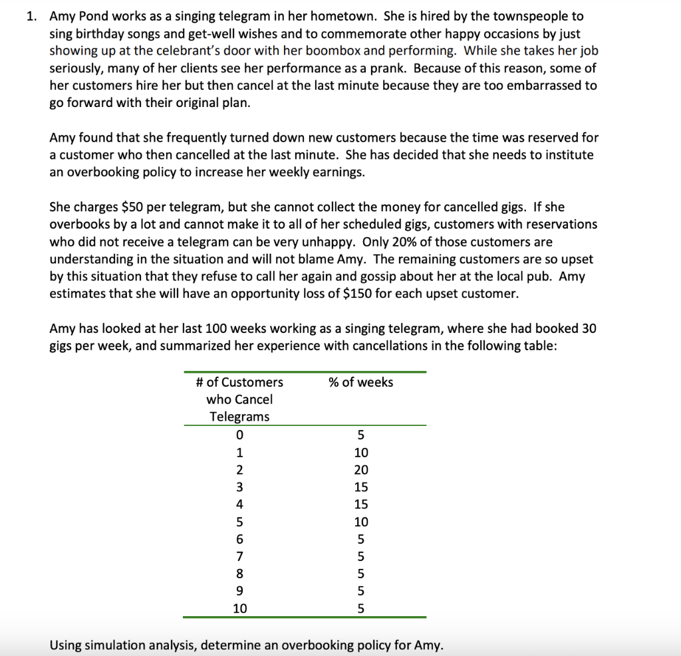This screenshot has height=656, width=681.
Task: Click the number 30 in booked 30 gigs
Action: tap(589, 328)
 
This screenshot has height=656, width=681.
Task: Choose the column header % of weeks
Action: tap(361, 382)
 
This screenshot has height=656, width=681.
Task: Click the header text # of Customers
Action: tap(239, 382)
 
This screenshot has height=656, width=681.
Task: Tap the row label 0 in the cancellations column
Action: tap(239, 436)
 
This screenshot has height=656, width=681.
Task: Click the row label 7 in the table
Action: tap(239, 556)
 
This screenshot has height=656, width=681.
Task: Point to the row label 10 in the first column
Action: tap(239, 608)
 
